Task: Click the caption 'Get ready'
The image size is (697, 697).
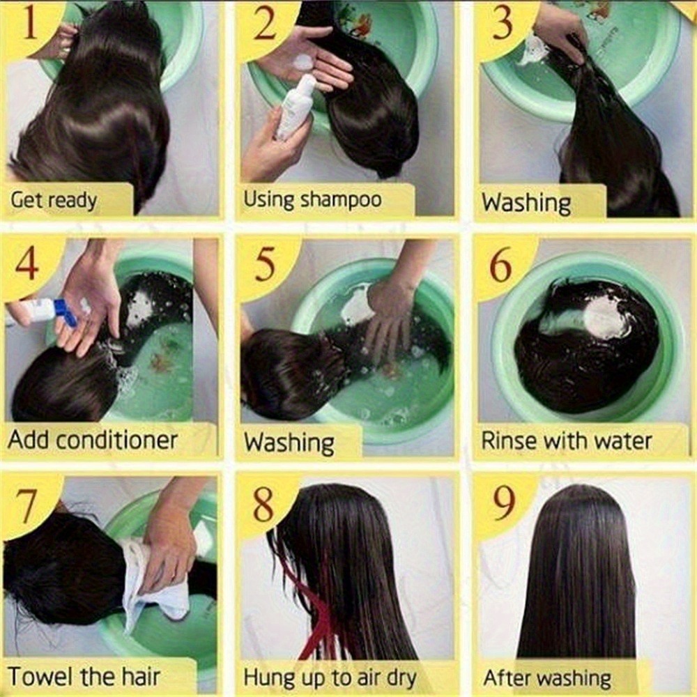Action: (x=54, y=201)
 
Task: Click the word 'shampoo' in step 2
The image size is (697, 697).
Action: (x=341, y=199)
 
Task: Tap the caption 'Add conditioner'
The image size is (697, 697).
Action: (x=93, y=440)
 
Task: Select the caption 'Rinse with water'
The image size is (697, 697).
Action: (x=566, y=441)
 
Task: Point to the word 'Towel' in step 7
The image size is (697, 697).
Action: (x=42, y=677)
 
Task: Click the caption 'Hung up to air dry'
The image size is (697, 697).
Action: (x=330, y=678)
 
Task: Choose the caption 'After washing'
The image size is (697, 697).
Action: (x=547, y=679)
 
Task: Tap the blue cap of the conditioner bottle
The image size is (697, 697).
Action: (x=65, y=312)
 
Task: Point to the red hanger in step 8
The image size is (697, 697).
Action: (x=311, y=613)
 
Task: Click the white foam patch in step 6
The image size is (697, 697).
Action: (x=605, y=316)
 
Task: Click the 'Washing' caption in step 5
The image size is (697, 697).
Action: (x=289, y=443)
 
